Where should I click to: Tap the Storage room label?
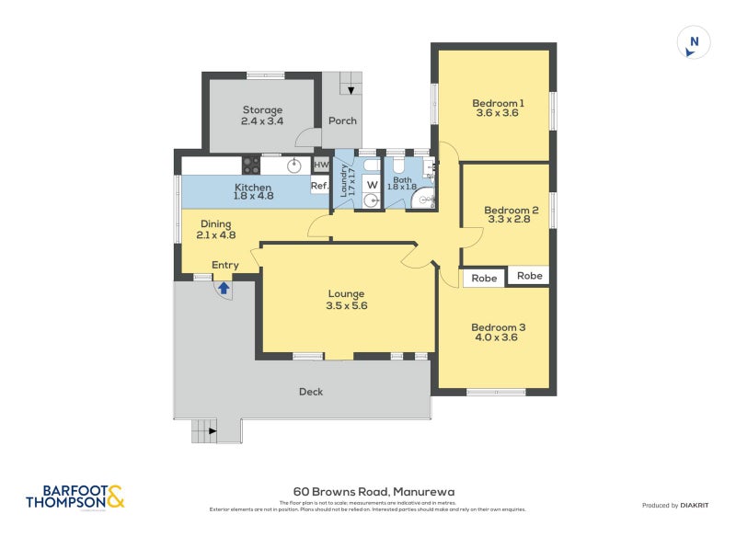262,109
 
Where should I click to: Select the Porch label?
342,120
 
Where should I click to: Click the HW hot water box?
321,166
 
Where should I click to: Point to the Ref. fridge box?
319,186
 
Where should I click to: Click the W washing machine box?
372,185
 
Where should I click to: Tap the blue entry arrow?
223,288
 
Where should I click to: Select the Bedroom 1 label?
498,103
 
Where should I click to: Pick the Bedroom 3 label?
498,326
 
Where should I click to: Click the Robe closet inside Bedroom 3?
484,278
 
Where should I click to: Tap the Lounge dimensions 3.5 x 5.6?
346,306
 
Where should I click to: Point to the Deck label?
311,392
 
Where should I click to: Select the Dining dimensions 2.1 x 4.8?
216,235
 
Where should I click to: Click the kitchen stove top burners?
250,166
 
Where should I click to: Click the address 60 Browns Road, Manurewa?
374,492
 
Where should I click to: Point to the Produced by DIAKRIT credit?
679,505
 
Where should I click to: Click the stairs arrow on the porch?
351,90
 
